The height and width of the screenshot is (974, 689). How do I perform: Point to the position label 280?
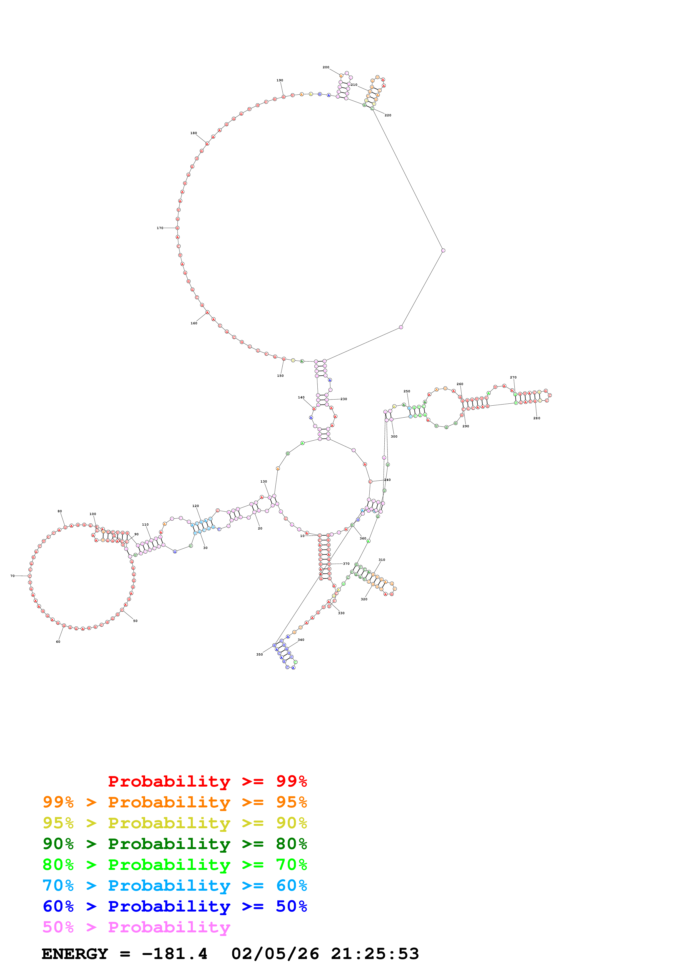point(537,418)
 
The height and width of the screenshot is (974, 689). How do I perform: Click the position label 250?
point(407,391)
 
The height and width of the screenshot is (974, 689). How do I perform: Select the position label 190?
point(280,81)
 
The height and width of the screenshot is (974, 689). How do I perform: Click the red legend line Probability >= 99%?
point(207,781)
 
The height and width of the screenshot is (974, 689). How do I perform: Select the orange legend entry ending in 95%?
point(175,802)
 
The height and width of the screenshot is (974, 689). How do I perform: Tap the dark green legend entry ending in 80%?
point(175,844)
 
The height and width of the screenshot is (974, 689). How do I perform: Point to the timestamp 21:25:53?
point(375,954)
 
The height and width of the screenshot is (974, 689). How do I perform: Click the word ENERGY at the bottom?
point(75,954)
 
